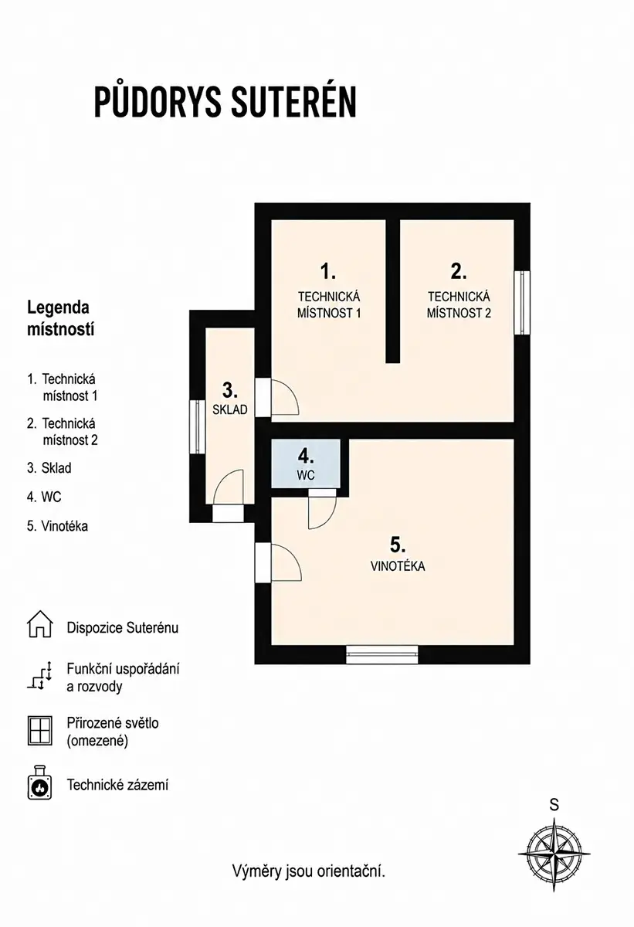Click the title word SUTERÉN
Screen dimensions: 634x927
click(x=293, y=102)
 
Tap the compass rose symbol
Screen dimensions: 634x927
click(x=554, y=854)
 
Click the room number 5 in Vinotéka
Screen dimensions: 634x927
click(x=398, y=545)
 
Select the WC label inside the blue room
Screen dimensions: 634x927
click(x=306, y=476)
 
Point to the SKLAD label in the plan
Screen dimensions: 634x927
click(x=230, y=409)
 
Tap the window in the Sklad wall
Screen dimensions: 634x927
click(x=197, y=426)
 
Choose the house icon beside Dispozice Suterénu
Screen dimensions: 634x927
click(x=39, y=623)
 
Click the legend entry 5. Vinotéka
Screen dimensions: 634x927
click(x=57, y=526)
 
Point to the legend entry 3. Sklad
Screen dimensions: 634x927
click(x=49, y=467)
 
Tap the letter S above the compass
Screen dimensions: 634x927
click(x=554, y=805)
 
